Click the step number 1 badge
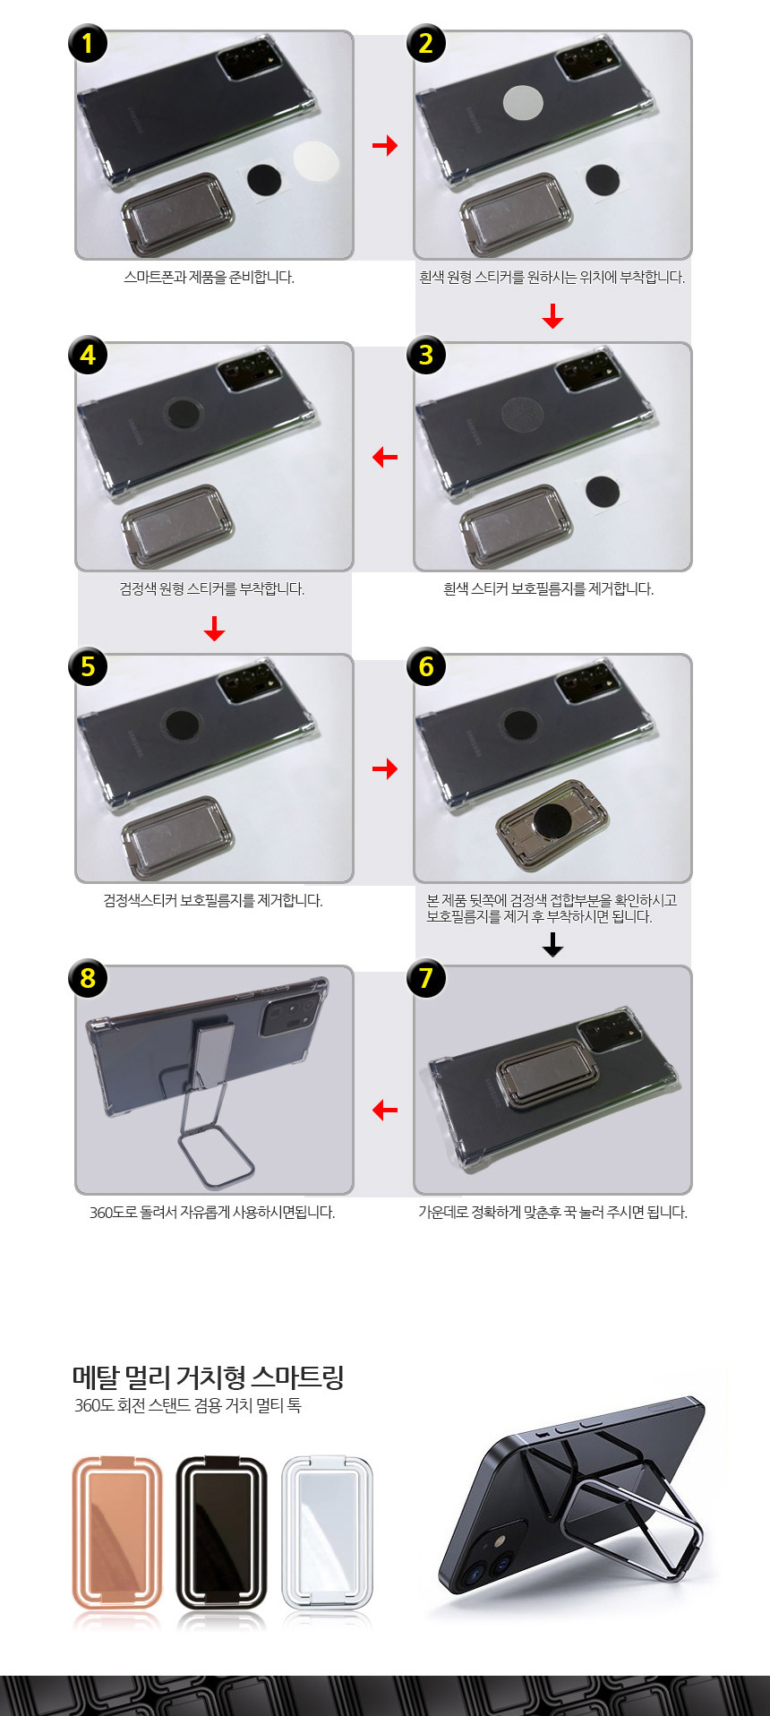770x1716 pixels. pos(88,44)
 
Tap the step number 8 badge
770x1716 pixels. pos(88,978)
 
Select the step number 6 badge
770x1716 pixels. pos(426,666)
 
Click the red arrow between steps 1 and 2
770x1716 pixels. pos(385,145)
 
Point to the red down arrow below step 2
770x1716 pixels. pos(552,316)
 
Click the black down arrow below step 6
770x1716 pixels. pos(552,945)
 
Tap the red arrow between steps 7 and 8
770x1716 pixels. pos(385,1111)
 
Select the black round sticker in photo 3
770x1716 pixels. pos(603,491)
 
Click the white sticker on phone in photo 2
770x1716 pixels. pos(524,103)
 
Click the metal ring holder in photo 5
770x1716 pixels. pos(178,833)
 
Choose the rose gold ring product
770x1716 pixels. pos(117,1532)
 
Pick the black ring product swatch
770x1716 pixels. pos(222,1532)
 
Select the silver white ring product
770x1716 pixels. pos(327,1532)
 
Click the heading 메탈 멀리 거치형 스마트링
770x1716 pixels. pos(208,1377)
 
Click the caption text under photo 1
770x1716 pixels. pos(209,278)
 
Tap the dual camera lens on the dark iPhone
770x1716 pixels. pos(487,1562)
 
